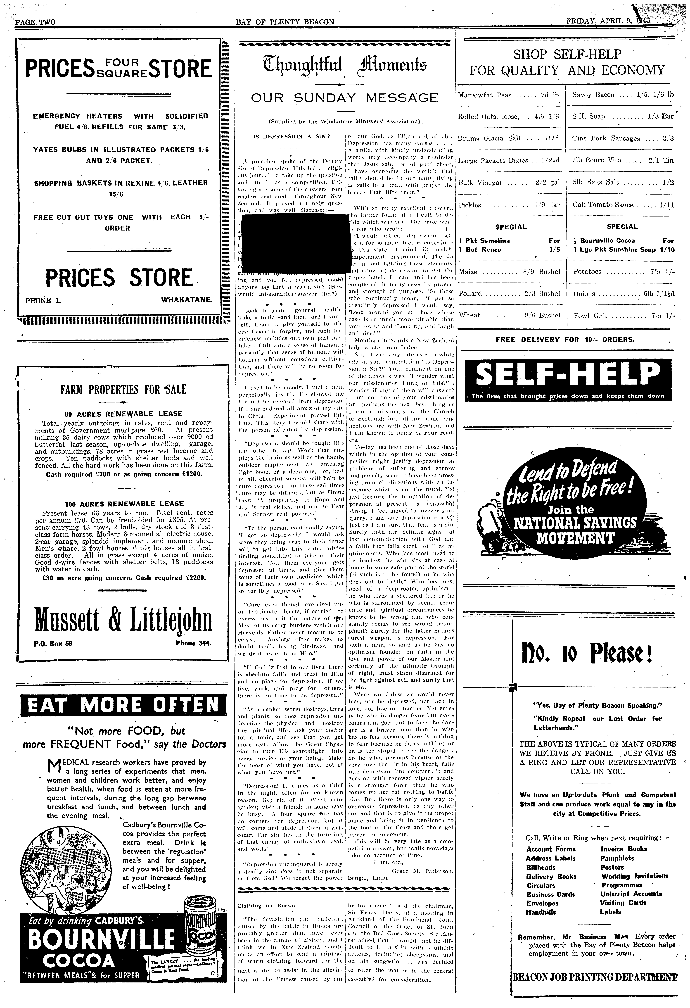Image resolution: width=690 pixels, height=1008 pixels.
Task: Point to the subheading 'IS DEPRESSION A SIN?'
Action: pyautogui.click(x=291, y=136)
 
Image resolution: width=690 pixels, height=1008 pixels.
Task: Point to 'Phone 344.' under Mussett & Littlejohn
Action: pyautogui.click(x=193, y=643)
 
